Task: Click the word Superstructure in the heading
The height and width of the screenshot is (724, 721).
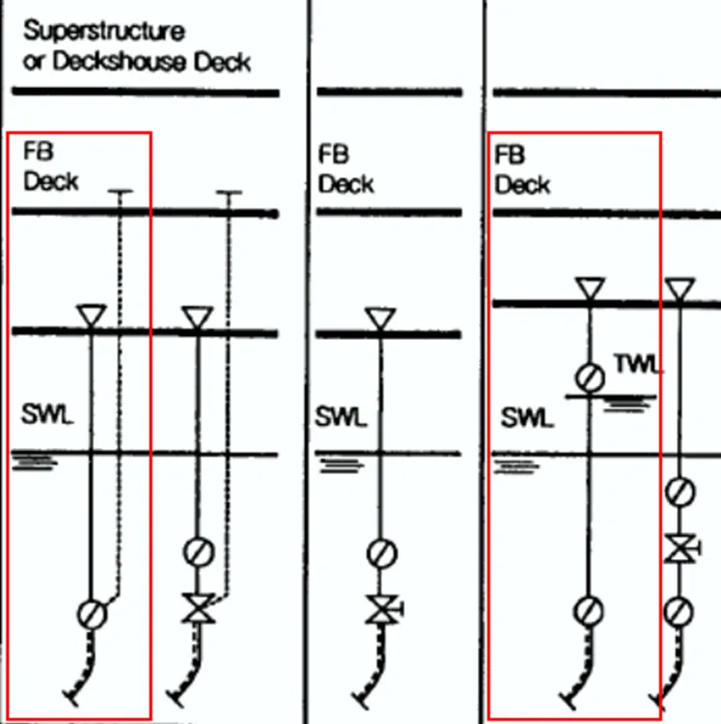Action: pyautogui.click(x=103, y=31)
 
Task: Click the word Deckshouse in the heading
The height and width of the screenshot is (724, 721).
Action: pyautogui.click(x=140, y=63)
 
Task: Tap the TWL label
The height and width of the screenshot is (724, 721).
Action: pyautogui.click(x=638, y=364)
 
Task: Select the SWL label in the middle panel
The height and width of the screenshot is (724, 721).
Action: pyautogui.click(x=341, y=418)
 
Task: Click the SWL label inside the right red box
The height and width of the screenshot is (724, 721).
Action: pyautogui.click(x=527, y=418)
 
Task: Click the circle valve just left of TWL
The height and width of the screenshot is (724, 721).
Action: pyautogui.click(x=588, y=376)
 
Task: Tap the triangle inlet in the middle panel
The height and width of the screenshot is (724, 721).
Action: pyautogui.click(x=381, y=318)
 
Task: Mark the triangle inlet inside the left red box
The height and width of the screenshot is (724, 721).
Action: pyautogui.click(x=91, y=316)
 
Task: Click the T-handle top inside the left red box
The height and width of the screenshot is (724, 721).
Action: pyautogui.click(x=119, y=192)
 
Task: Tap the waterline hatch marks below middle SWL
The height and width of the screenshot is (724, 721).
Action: pyautogui.click(x=340, y=466)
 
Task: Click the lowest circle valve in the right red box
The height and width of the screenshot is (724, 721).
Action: pyautogui.click(x=588, y=611)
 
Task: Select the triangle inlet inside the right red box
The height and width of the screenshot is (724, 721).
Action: pyautogui.click(x=588, y=289)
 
